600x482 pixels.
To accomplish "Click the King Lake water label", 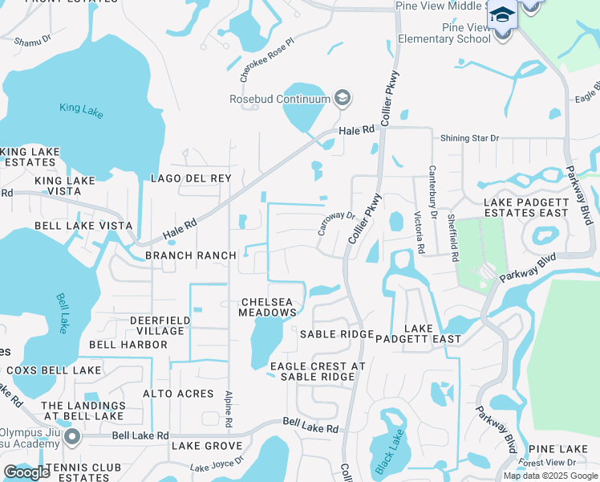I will tap(81, 110).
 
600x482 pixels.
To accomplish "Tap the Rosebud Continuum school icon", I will tap(343, 99).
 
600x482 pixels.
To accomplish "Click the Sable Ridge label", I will tap(337, 334).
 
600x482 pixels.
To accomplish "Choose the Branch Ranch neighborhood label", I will tap(191, 255).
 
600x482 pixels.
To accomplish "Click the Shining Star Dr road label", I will tap(469, 138).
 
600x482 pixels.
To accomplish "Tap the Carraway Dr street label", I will tap(335, 227).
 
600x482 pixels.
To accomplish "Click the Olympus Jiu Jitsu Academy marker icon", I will tap(72, 437).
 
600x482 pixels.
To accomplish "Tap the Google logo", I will tap(26, 472).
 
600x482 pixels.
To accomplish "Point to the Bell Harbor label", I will tap(128, 345).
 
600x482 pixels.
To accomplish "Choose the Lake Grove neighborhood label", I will tap(206, 446).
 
